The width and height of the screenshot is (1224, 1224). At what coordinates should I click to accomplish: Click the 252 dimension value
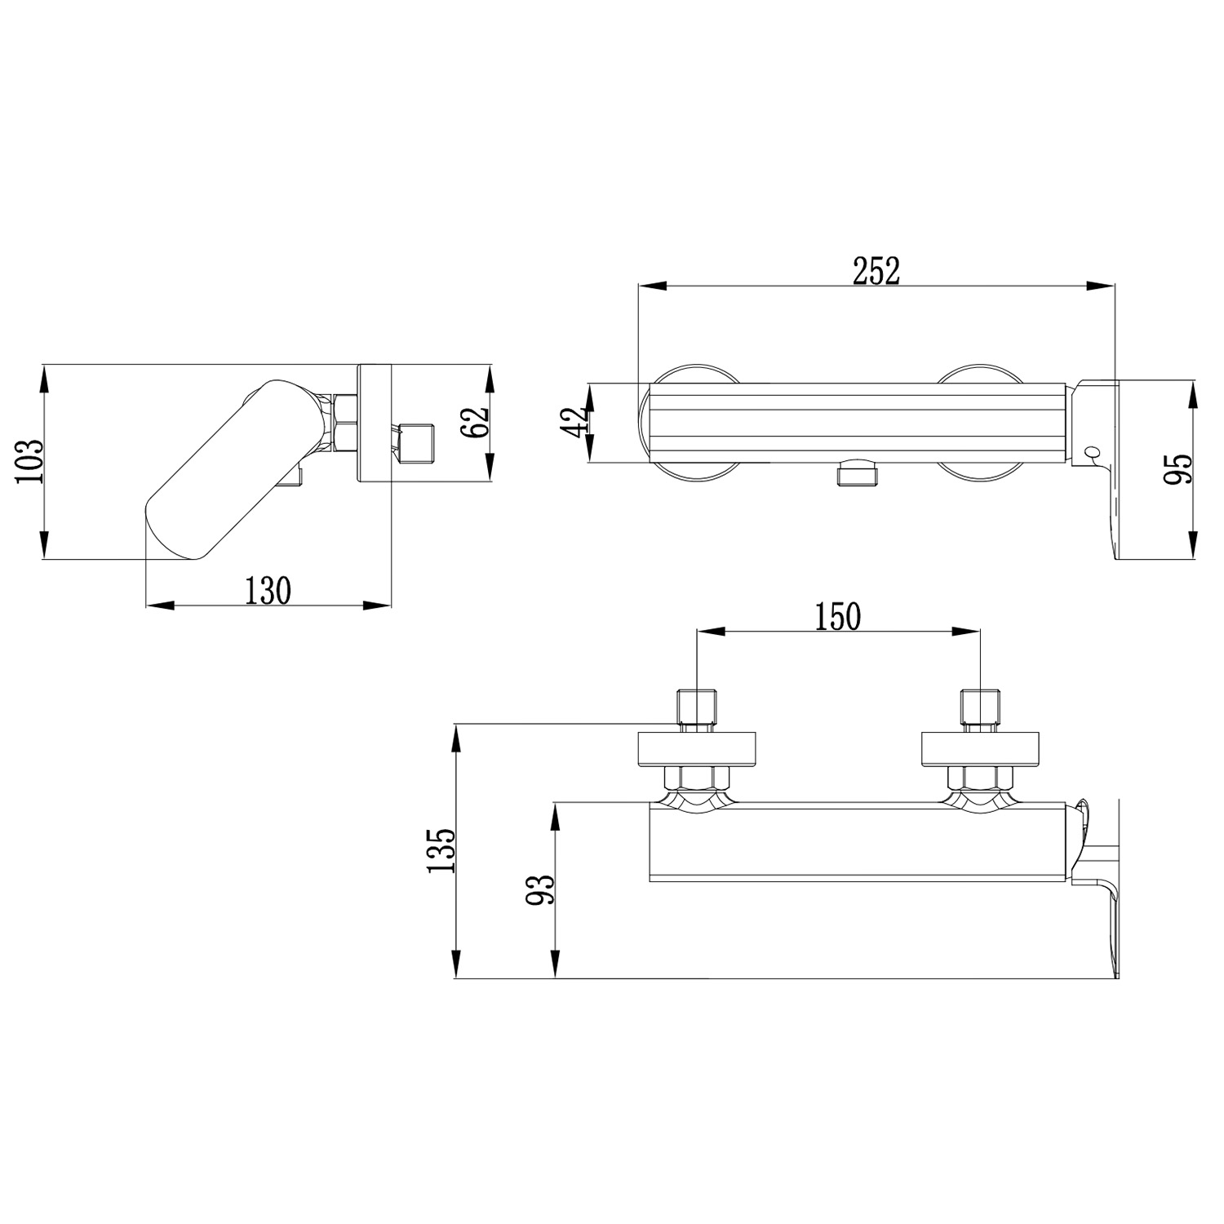coord(876,271)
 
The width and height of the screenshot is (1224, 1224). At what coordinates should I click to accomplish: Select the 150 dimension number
coord(838,617)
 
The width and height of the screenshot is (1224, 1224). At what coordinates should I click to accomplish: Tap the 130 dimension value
coord(268,590)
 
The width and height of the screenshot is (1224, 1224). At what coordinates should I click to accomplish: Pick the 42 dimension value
coord(576,422)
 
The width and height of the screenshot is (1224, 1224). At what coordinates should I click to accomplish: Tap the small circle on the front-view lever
coord(1092,451)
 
